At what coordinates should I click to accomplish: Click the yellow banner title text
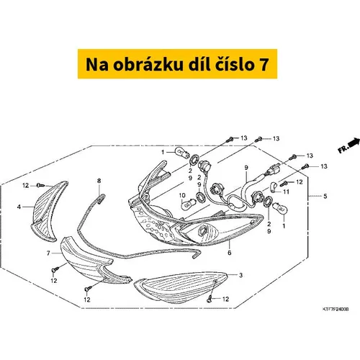click(x=177, y=64)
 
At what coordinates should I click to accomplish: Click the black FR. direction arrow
click(x=354, y=143)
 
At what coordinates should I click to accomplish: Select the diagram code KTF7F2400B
click(x=336, y=310)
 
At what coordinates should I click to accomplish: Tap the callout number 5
click(x=325, y=196)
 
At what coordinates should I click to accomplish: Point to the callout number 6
click(x=230, y=253)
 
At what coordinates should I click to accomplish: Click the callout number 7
click(x=48, y=253)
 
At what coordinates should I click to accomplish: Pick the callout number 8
click(x=99, y=181)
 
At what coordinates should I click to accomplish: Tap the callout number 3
click(x=241, y=275)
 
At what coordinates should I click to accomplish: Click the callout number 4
click(x=19, y=207)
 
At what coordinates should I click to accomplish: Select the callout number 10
click(x=182, y=196)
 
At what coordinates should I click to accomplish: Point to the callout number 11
click(x=286, y=192)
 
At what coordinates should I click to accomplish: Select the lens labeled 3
click(x=181, y=287)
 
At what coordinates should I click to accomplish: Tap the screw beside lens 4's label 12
click(x=41, y=185)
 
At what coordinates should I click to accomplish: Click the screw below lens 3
click(x=210, y=300)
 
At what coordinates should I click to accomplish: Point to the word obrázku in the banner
click(x=148, y=64)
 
